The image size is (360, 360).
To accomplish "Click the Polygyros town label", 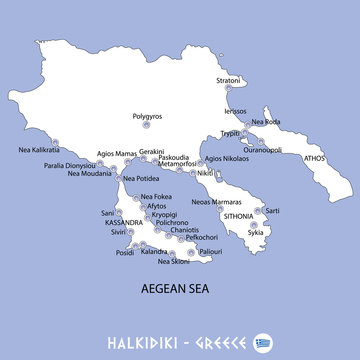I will pos(147,116).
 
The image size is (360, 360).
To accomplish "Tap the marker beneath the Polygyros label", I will pos(147,127).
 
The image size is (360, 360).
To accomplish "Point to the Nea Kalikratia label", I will pos(40,151).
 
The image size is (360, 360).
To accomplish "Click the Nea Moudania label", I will pos(91,174).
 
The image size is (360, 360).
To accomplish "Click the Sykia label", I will pos(255,232).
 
